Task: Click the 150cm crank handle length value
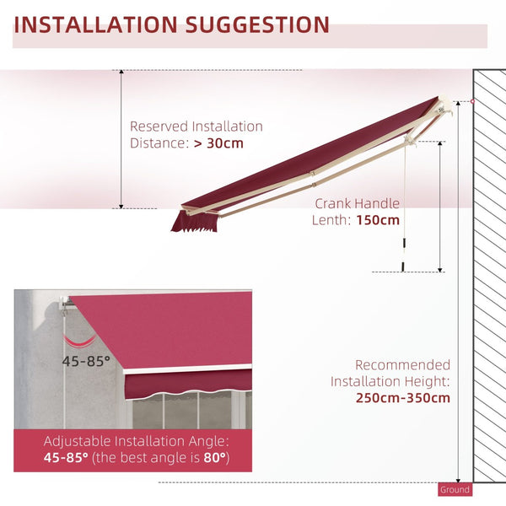coord(378,220)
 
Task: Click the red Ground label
coord(455,489)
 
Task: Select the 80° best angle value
coord(213,458)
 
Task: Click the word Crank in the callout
coord(335,203)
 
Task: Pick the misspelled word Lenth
coord(335,220)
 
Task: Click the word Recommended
coord(402,365)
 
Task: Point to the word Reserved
coord(159,126)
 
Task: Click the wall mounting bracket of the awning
coord(447,110)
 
